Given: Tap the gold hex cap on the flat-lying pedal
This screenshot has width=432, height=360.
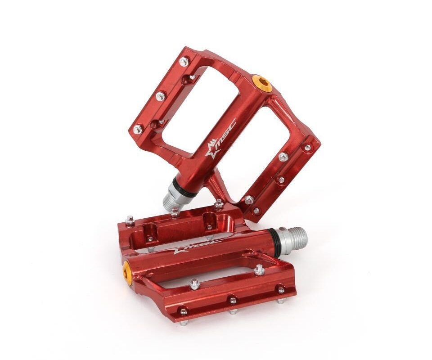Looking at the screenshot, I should [x=127, y=270].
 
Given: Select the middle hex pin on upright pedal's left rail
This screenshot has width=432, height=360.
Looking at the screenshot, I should [x=160, y=96].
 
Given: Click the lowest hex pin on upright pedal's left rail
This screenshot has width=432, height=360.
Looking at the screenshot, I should [x=137, y=130].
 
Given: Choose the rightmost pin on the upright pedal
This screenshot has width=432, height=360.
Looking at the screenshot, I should [x=307, y=147].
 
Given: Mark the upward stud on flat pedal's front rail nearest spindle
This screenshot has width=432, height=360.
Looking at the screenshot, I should [x=259, y=270].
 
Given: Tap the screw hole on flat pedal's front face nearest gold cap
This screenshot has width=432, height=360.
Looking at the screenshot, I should [x=183, y=310].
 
